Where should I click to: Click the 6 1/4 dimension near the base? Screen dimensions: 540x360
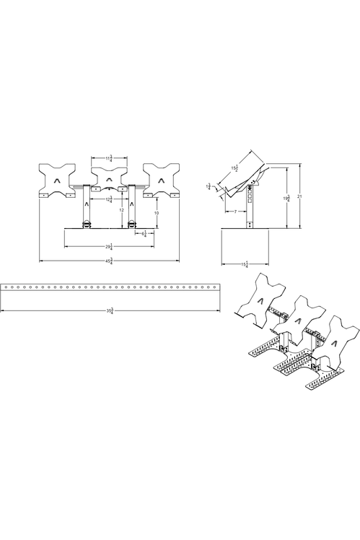[x=144, y=234]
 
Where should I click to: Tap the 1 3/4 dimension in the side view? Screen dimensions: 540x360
[x=209, y=186]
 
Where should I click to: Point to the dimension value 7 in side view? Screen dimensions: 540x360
[x=235, y=212]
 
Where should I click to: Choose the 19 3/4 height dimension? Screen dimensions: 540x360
[x=286, y=197]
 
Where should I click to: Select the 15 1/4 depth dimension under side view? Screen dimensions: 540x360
[x=246, y=264]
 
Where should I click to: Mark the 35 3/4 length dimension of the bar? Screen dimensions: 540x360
[x=109, y=310]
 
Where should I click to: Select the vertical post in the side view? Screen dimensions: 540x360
[x=250, y=209]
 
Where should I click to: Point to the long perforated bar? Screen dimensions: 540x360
[x=109, y=287]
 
